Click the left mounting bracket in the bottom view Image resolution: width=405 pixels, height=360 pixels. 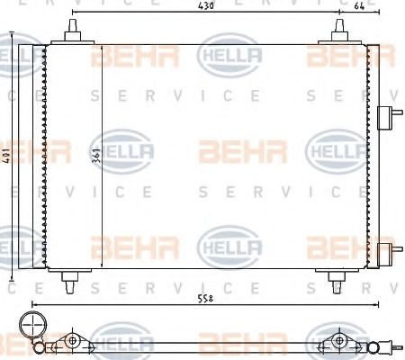coord(72,342)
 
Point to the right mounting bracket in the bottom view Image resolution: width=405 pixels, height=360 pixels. coord(340,342)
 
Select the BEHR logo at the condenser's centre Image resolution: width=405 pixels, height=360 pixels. coord(230,149)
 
